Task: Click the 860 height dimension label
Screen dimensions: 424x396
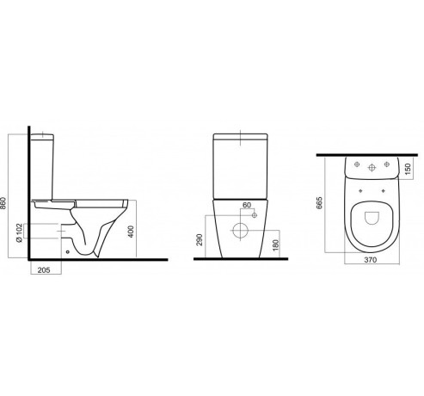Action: [x=3, y=203]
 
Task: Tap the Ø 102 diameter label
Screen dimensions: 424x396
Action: [x=19, y=232]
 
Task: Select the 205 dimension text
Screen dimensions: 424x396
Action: [x=44, y=269]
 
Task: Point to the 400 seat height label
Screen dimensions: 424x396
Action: [x=131, y=232]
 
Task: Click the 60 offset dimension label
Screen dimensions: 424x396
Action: [x=247, y=205]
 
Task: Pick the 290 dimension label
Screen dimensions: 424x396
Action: [x=200, y=240]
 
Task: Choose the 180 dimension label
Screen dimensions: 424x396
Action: [x=275, y=245]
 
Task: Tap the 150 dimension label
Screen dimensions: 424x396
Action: [x=409, y=169]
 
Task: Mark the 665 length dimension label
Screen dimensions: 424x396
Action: [x=319, y=203]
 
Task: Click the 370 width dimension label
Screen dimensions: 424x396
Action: [x=370, y=260]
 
